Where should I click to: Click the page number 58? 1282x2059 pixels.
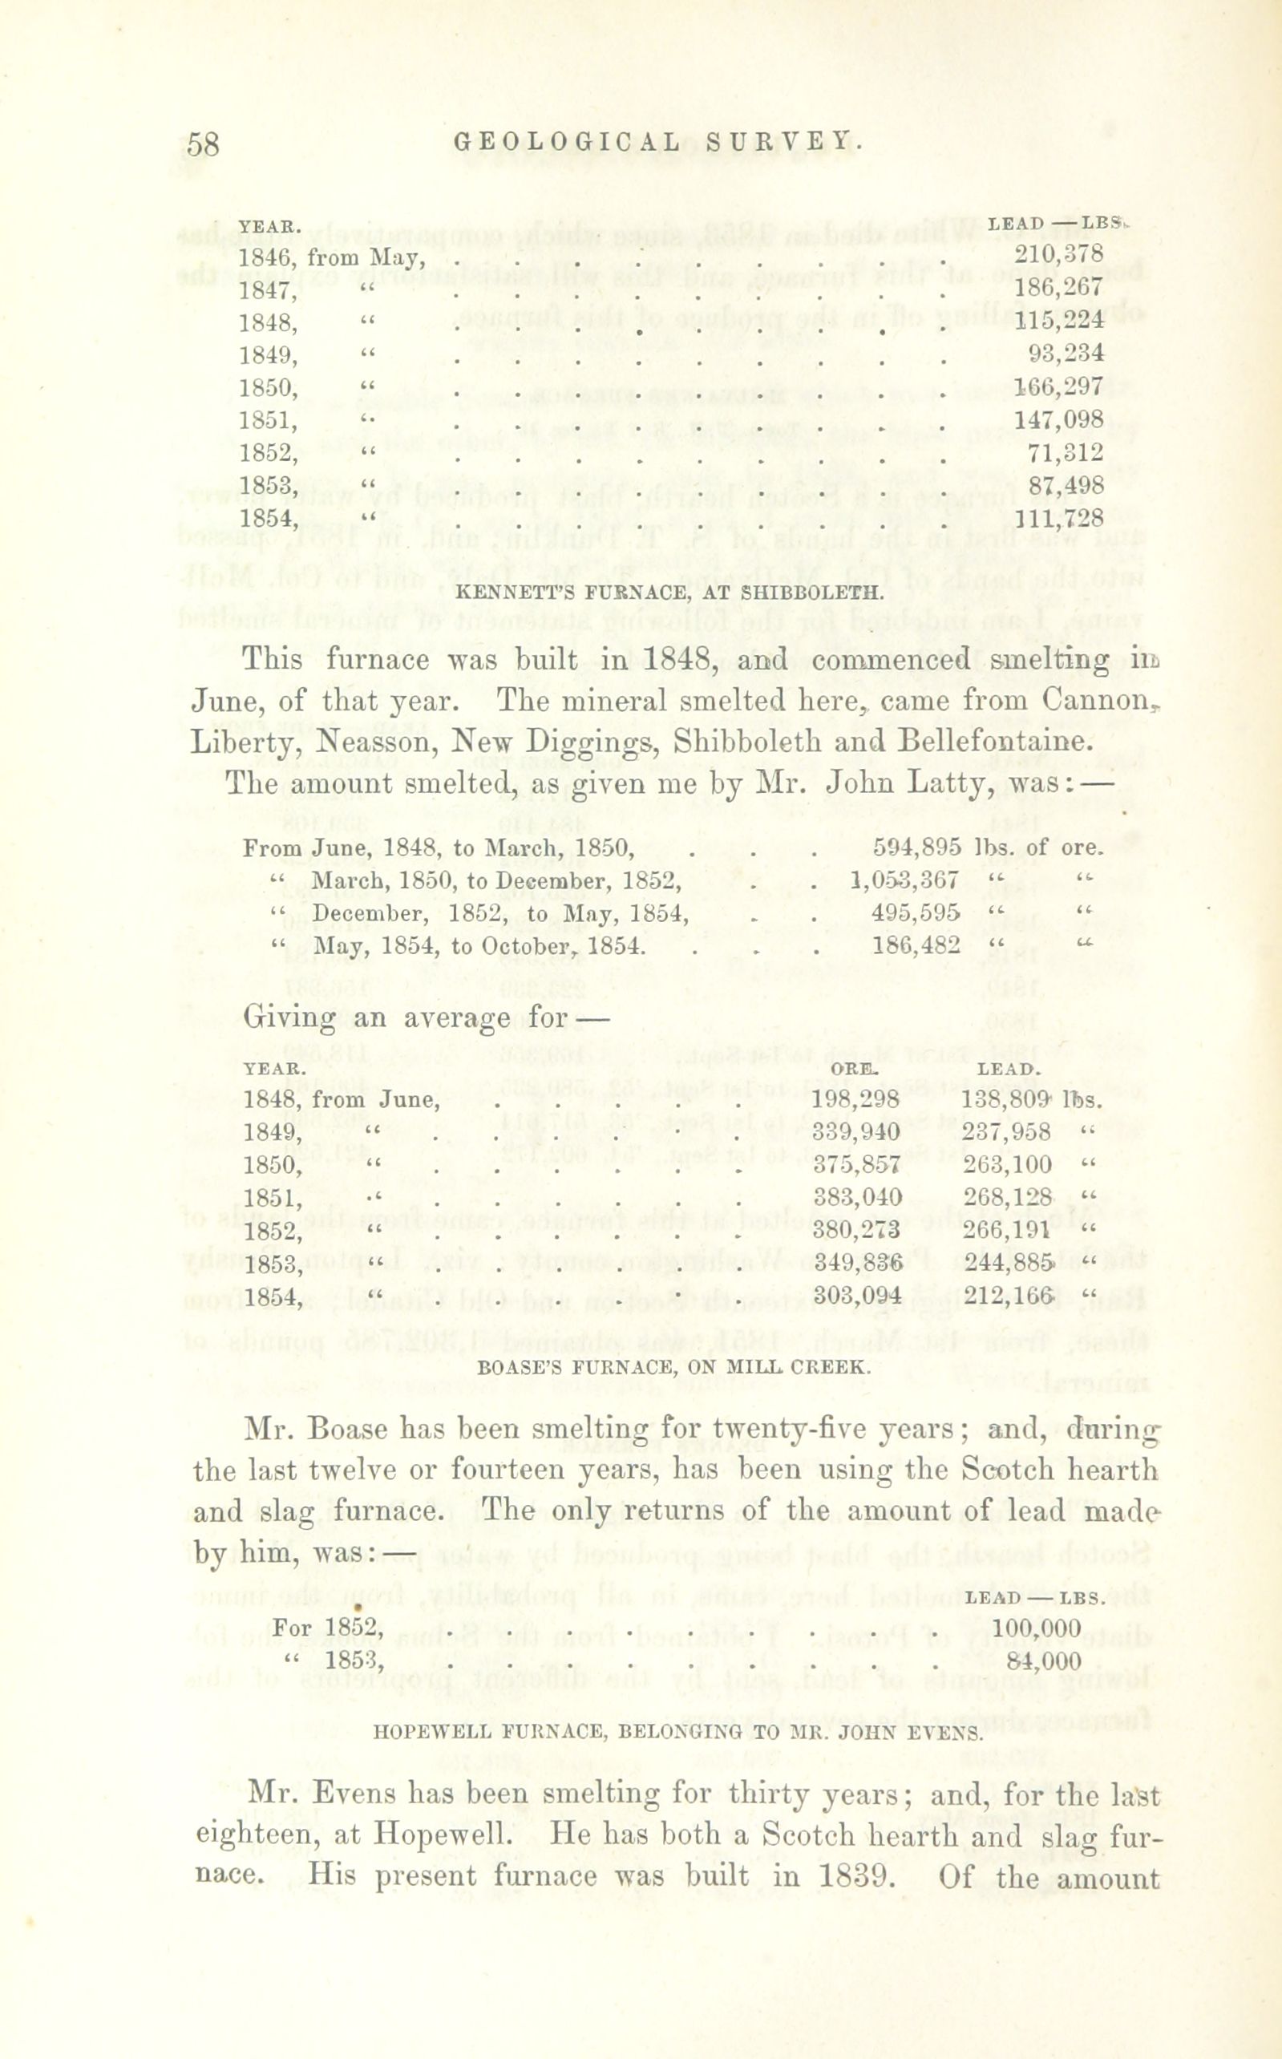[x=204, y=144]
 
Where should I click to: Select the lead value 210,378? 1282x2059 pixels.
[x=1058, y=253]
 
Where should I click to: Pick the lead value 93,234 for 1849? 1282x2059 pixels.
[x=1065, y=353]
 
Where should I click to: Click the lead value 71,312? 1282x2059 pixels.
[x=1065, y=453]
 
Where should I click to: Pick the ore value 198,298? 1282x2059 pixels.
[x=855, y=1100]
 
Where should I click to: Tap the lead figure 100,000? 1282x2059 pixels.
[x=1036, y=1628]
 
